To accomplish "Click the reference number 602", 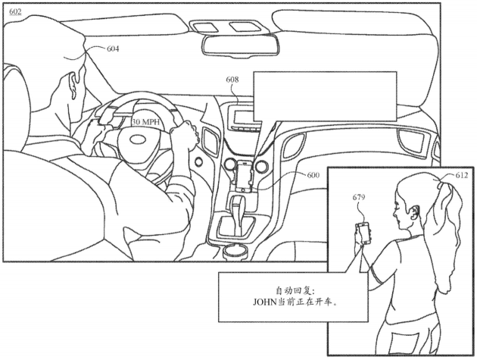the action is point(15,12).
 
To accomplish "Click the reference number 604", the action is point(113,49).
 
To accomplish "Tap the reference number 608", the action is point(232,80).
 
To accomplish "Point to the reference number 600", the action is point(313,175).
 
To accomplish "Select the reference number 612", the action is point(462,175).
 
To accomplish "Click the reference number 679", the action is point(359,197).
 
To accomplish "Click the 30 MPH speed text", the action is point(145,122).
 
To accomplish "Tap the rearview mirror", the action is point(240,45).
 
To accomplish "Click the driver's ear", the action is point(74,86).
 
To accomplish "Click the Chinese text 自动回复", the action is point(292,290).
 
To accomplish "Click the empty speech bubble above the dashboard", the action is point(325,96).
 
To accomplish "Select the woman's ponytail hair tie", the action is point(440,184).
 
